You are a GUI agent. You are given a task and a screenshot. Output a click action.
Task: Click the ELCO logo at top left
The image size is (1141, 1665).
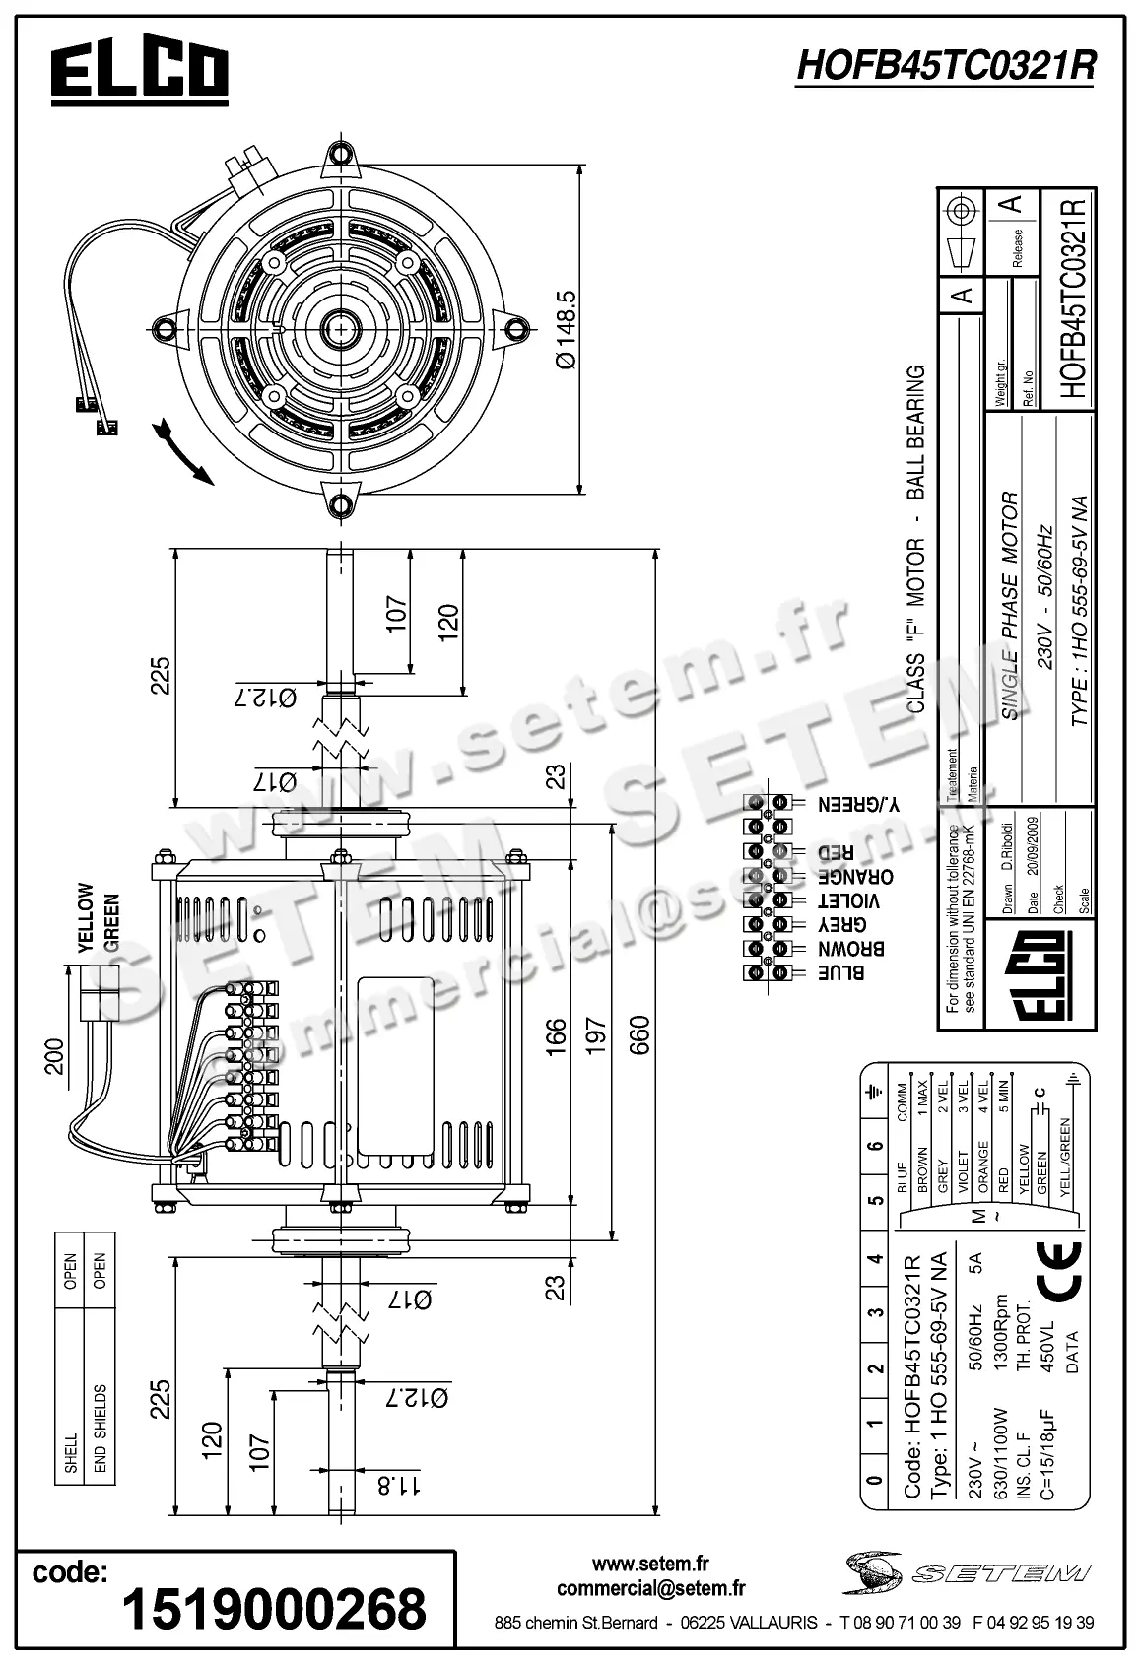point(139,72)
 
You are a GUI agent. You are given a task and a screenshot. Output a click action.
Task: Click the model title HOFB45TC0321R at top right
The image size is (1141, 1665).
point(944,66)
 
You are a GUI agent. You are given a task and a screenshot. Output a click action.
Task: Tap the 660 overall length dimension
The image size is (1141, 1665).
point(640,1034)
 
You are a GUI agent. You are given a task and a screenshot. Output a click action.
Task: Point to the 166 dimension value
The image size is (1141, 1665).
point(558,1034)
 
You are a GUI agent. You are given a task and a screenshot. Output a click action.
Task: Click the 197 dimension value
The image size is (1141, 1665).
point(594,1034)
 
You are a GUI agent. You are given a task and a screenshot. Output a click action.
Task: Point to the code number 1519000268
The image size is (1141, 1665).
point(273,1608)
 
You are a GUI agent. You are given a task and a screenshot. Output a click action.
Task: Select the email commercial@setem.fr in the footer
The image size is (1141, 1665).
point(650,1588)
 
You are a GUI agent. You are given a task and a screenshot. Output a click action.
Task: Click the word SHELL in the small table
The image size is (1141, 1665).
point(71,1453)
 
